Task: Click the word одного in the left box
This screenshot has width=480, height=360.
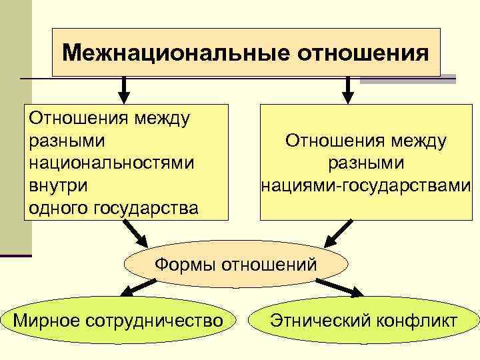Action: [59, 207]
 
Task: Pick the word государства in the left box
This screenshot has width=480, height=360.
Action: [148, 207]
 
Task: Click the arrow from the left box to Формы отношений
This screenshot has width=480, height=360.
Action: [136, 235]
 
